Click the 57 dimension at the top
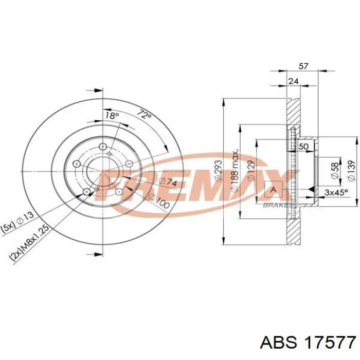[x=303, y=66]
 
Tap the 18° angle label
[x=112, y=116]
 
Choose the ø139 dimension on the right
[x=351, y=170]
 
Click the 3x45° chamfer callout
[x=336, y=191]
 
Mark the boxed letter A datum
[x=273, y=191]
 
